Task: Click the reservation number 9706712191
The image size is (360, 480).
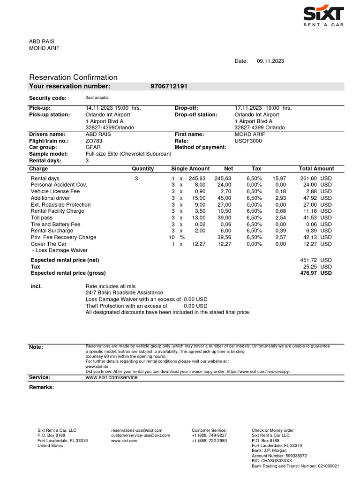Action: pyautogui.click(x=169, y=86)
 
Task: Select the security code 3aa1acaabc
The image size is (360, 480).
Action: pyautogui.click(x=97, y=98)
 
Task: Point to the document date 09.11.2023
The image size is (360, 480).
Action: pyautogui.click(x=270, y=61)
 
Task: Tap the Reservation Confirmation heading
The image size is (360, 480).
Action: pyautogui.click(x=73, y=77)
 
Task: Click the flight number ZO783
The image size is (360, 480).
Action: pyautogui.click(x=94, y=141)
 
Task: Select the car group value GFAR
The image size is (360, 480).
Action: pyautogui.click(x=93, y=147)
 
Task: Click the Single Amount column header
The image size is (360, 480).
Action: pyautogui.click(x=190, y=169)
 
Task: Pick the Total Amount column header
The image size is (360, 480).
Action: pyautogui.click(x=316, y=169)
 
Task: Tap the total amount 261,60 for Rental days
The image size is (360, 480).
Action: pyautogui.click(x=308, y=179)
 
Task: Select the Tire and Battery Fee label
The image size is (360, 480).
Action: pyautogui.click(x=55, y=224)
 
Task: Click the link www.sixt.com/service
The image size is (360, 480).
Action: pyautogui.click(x=112, y=377)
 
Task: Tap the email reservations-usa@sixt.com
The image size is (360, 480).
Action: pyautogui.click(x=137, y=430)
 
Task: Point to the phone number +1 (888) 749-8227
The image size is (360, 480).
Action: pyautogui.click(x=209, y=435)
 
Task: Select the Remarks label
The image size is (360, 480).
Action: pyautogui.click(x=41, y=387)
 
